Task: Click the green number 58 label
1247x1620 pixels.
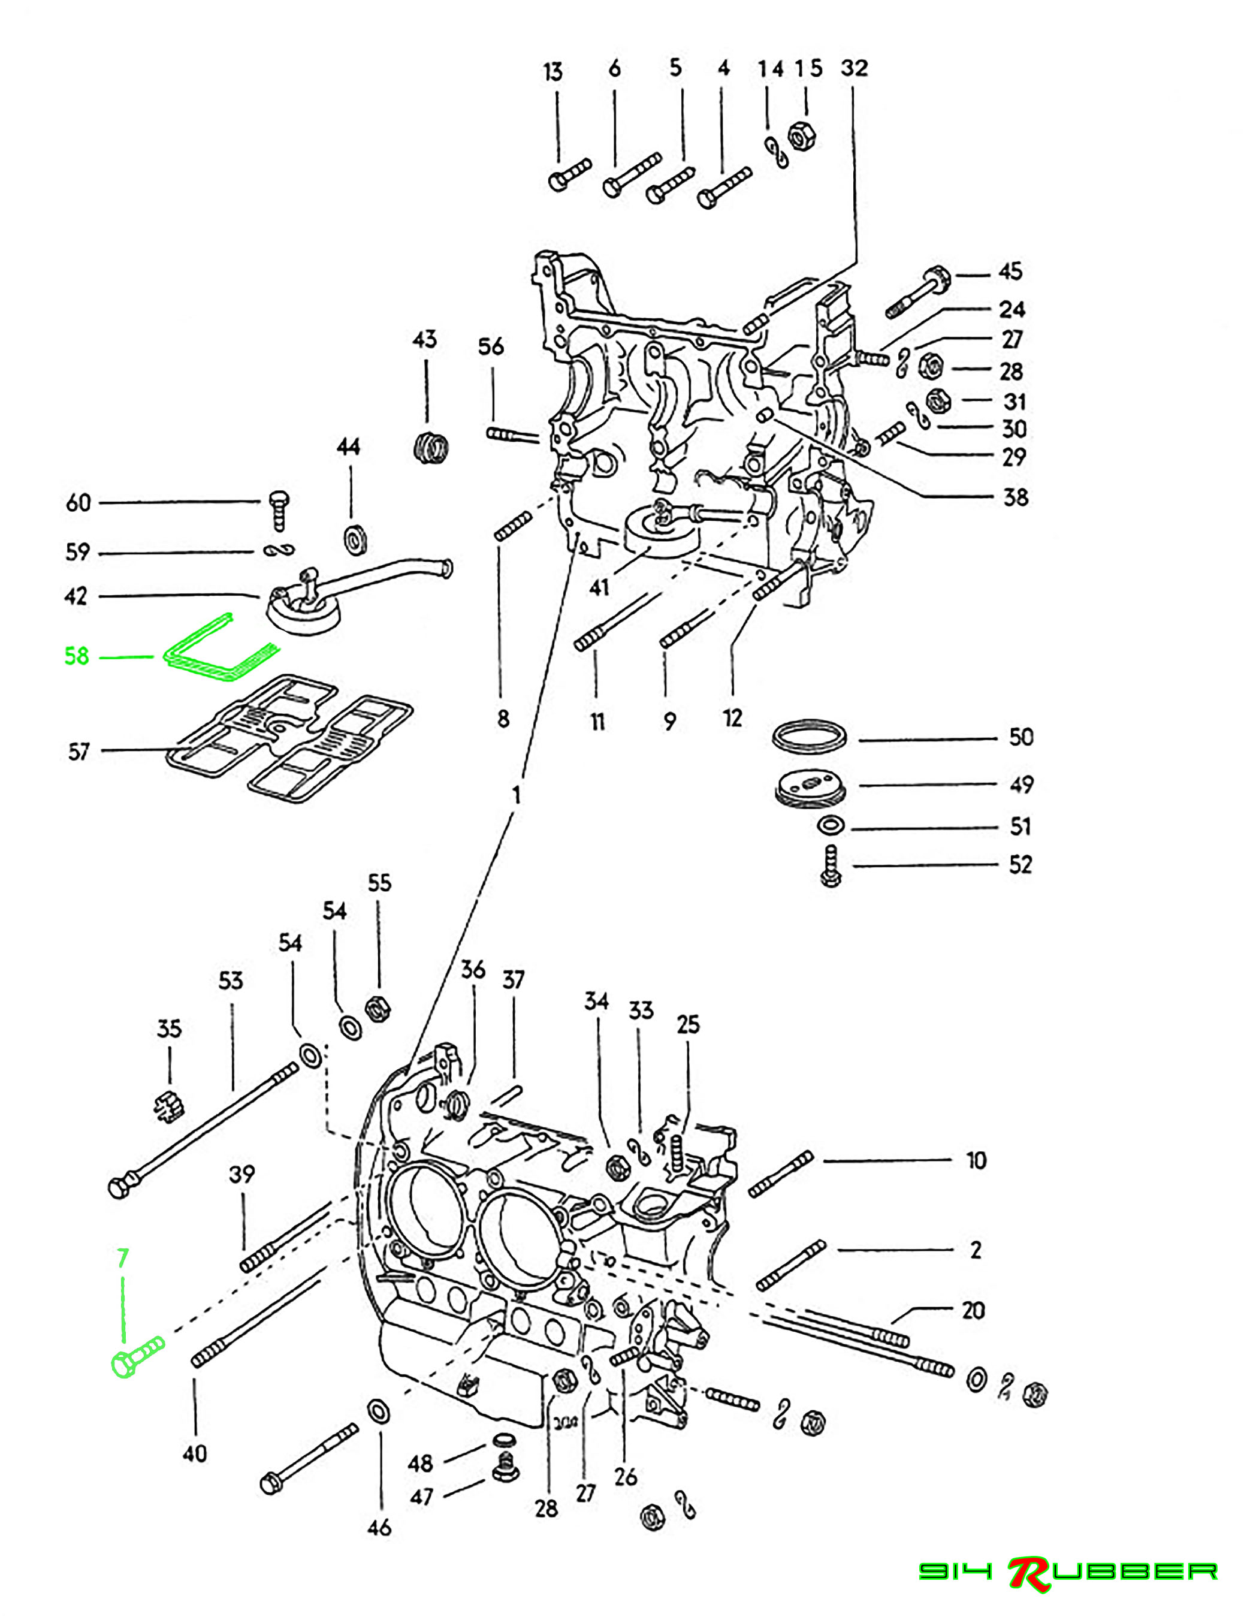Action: click(x=77, y=656)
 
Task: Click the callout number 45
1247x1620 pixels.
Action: click(x=1010, y=271)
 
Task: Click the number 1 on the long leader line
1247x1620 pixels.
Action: click(x=517, y=796)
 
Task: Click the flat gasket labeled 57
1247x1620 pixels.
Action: click(x=289, y=746)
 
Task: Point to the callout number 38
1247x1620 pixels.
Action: click(x=1016, y=497)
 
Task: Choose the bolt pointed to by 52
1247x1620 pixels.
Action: click(x=830, y=865)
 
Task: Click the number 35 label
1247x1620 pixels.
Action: click(x=169, y=1029)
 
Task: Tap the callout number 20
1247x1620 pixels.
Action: click(x=973, y=1311)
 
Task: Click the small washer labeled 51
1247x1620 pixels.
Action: click(x=830, y=825)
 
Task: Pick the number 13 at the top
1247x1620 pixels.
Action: click(x=552, y=72)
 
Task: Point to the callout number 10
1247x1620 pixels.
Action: click(x=976, y=1160)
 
